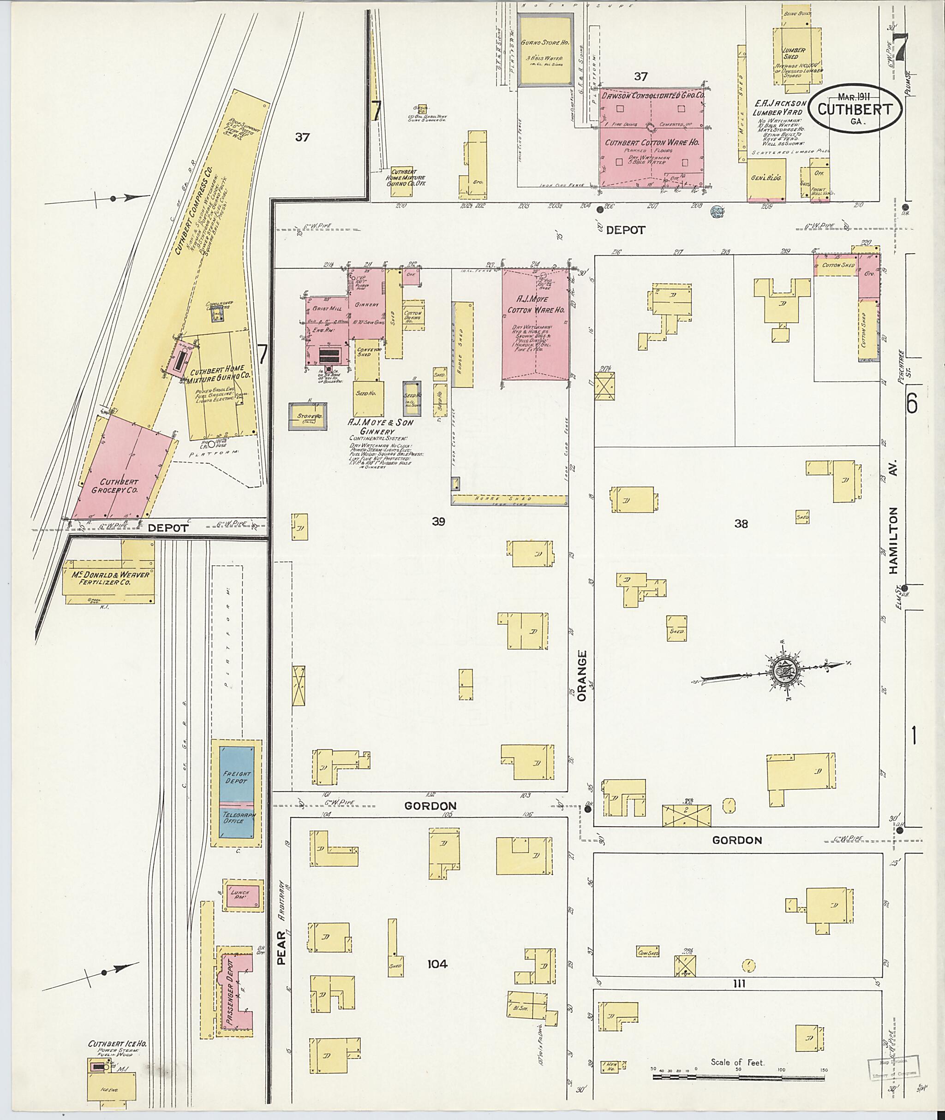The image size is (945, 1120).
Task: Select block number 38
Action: [x=741, y=524]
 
